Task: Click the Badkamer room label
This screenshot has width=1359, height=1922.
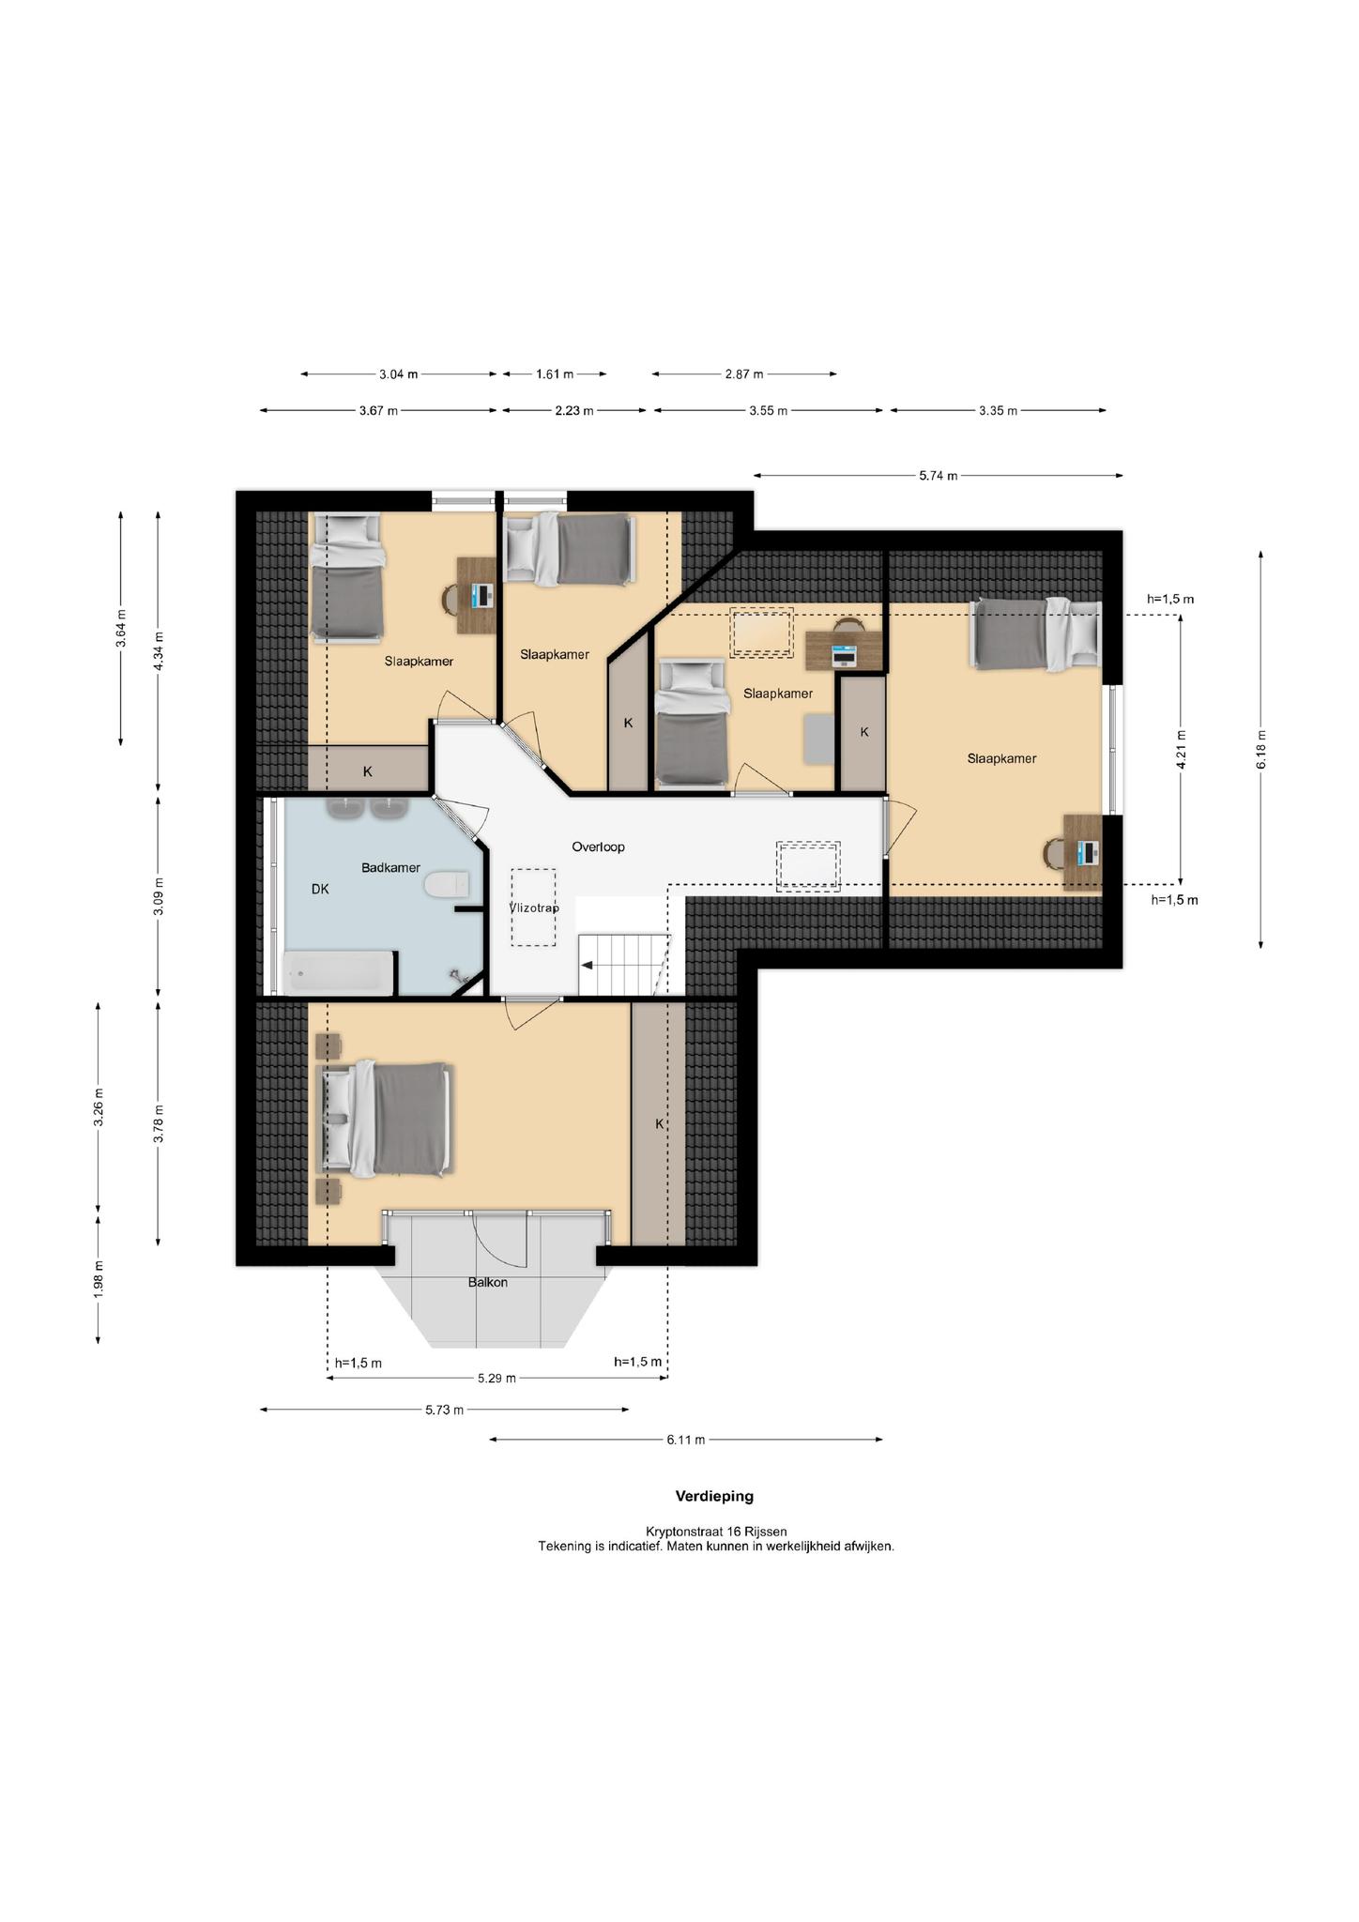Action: [x=390, y=868]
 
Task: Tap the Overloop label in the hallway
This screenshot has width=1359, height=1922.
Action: [x=598, y=847]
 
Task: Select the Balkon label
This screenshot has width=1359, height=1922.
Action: [x=488, y=1282]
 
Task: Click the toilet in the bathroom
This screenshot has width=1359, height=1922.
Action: [x=447, y=885]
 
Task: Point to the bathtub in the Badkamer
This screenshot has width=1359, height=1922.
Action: [x=338, y=973]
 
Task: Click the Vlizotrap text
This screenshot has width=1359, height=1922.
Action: [x=534, y=908]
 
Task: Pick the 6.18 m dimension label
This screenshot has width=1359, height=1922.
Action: [x=1261, y=751]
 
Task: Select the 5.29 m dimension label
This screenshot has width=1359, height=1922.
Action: [x=496, y=1379]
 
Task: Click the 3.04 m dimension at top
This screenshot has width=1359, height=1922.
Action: [x=398, y=374]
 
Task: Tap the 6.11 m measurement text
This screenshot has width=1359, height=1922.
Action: [x=686, y=1440]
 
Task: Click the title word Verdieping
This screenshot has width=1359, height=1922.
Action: [x=714, y=1496]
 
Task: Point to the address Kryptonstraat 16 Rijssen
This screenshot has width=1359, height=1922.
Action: [x=716, y=1532]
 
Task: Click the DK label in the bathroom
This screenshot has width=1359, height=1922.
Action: [x=320, y=889]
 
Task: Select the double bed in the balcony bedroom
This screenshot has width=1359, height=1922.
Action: [x=387, y=1118]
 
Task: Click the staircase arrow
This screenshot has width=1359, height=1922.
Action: [x=588, y=965]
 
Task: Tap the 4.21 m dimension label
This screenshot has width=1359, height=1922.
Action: [x=1182, y=749]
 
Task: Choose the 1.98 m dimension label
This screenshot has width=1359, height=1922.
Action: [x=99, y=1280]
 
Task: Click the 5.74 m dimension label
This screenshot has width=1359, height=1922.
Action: [x=939, y=476]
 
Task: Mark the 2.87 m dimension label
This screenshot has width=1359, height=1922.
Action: [x=744, y=374]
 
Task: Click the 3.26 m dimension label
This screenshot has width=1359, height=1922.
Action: [x=99, y=1107]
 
